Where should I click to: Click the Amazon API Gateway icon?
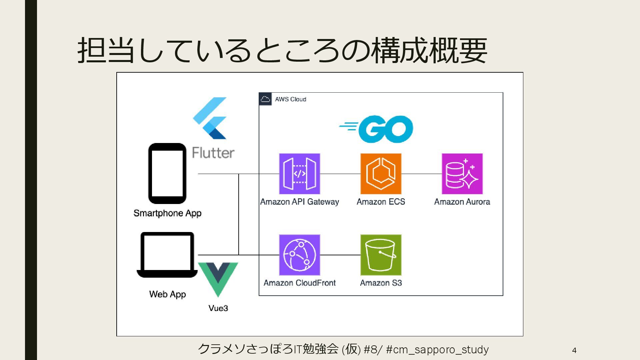pos(299,174)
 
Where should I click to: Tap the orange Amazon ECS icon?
pos(381,174)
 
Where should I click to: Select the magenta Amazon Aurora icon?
pos(462,174)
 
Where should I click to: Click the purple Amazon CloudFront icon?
pos(299,255)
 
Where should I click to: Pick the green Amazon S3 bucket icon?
pos(381,255)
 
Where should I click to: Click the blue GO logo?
pos(377,129)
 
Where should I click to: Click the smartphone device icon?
pos(167,173)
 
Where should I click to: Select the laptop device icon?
pos(167,255)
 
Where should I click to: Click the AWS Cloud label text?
pos(290,99)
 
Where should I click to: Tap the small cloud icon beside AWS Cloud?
pos(265,99)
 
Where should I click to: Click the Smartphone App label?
pos(167,213)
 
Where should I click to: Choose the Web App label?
pos(167,294)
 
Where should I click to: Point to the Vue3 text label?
pos(218,308)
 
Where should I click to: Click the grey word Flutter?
pos(213,153)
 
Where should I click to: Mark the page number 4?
pos(574,350)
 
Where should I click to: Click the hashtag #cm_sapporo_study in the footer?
pos(437,349)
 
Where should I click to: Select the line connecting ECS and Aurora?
pos(421,174)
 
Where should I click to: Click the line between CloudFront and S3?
pos(340,255)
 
